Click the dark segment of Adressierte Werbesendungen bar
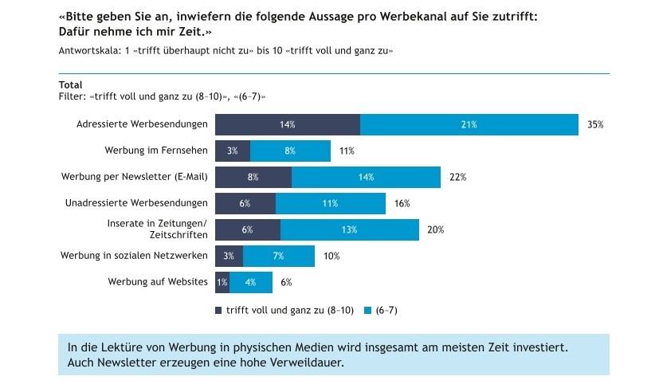(x=288, y=125)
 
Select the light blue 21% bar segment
(x=469, y=125)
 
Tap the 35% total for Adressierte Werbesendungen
(x=595, y=125)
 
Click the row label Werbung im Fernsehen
(x=156, y=151)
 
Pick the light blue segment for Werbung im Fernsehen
(x=290, y=151)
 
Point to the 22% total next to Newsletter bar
(x=457, y=178)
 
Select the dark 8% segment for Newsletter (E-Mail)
(x=253, y=178)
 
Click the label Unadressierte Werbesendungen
(x=136, y=203)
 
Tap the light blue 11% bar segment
(x=330, y=203)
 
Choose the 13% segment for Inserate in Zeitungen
(x=349, y=229)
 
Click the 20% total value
(x=435, y=229)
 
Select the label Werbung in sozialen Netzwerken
(x=134, y=256)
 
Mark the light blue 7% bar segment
(x=278, y=256)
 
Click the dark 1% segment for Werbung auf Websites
(x=222, y=282)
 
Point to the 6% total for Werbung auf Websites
(x=286, y=282)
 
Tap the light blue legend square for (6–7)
(x=368, y=310)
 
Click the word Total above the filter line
(x=70, y=85)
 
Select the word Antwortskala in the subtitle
(x=84, y=50)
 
